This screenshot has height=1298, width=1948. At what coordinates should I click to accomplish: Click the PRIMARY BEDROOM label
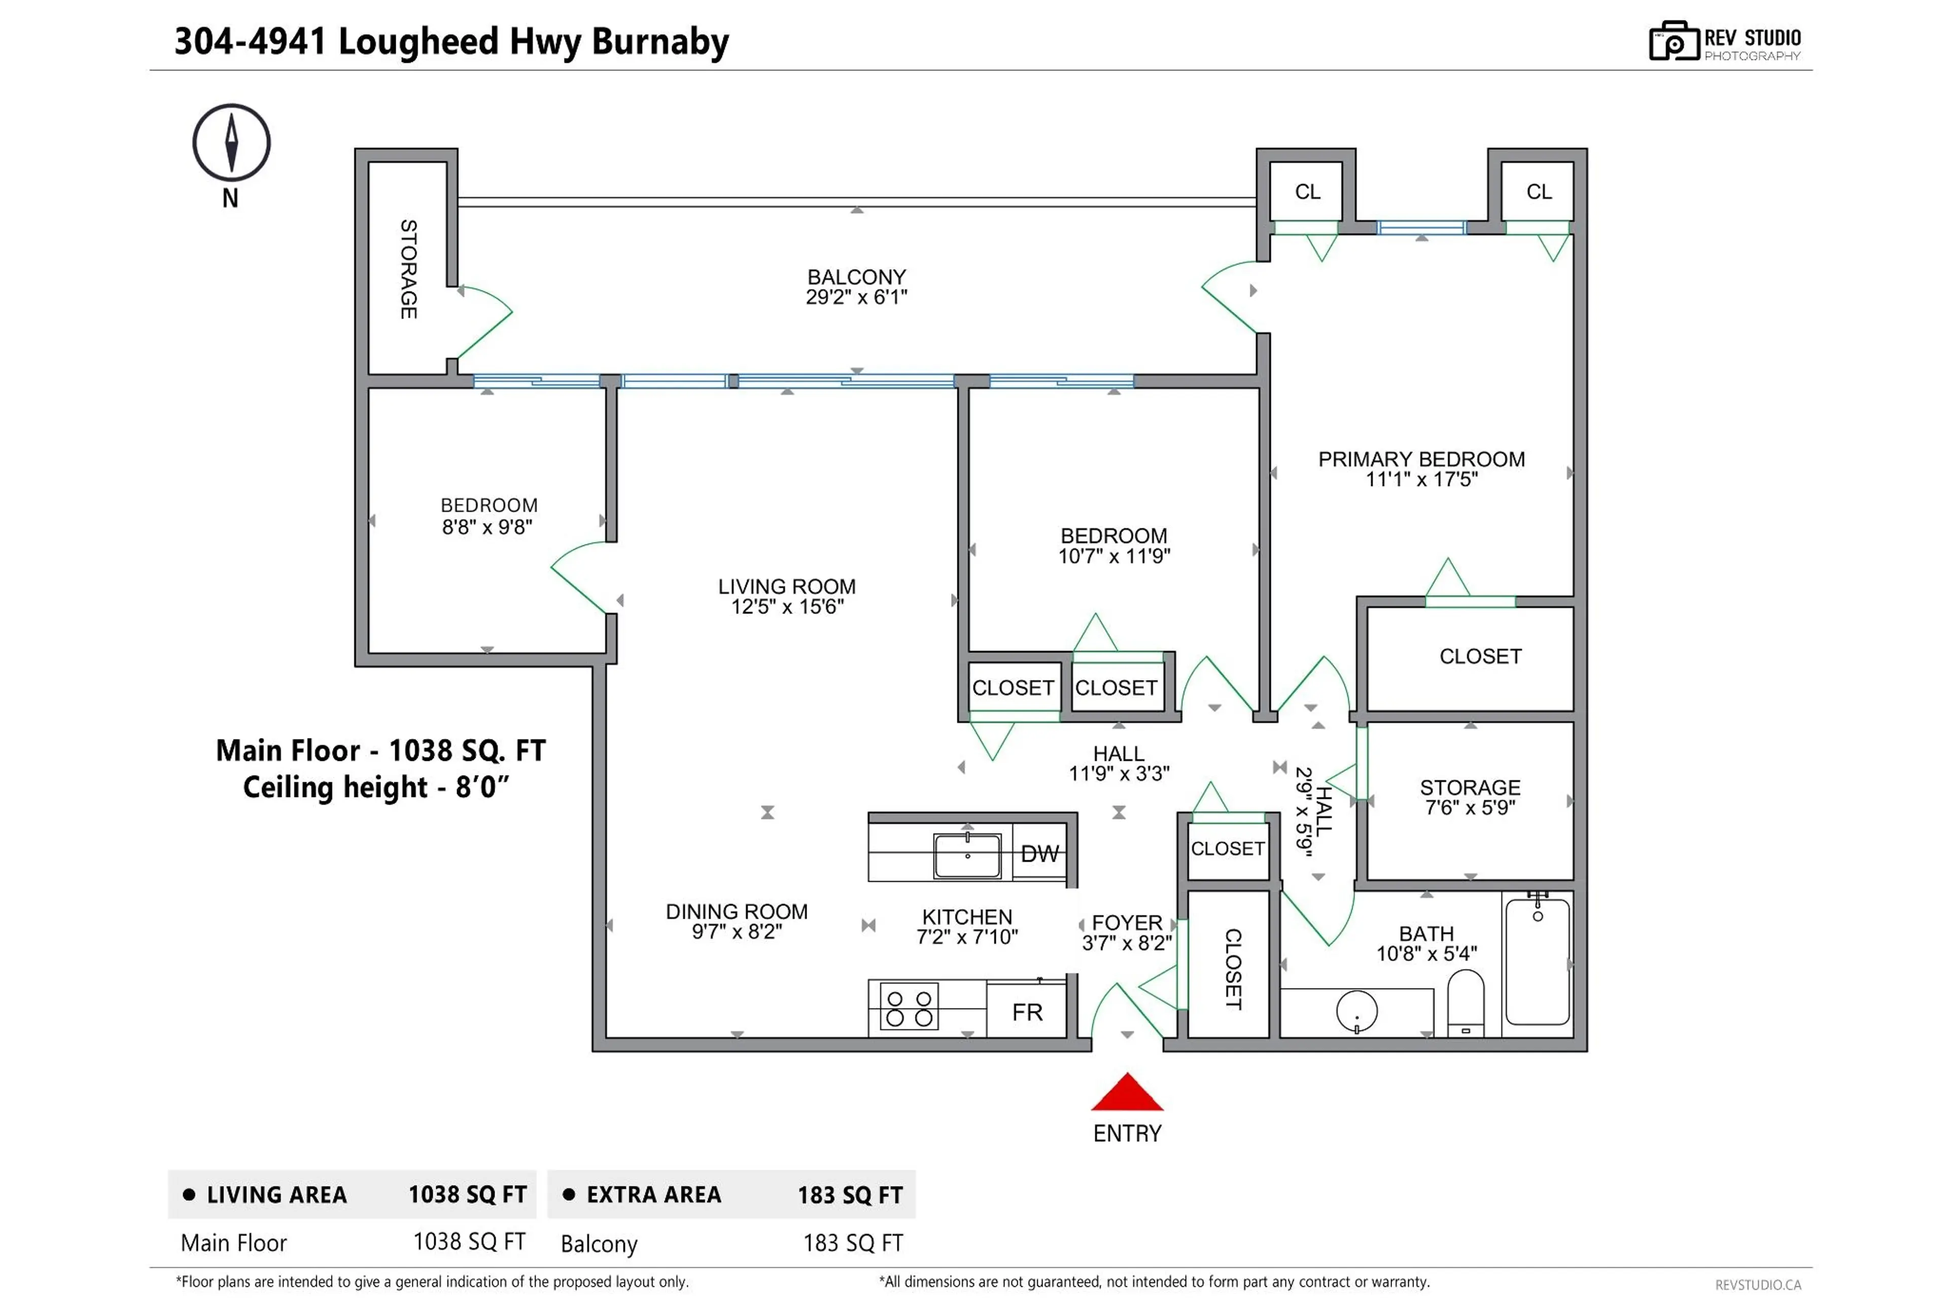pos(1420,460)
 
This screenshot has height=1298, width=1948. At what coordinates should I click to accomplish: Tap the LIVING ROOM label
pos(786,586)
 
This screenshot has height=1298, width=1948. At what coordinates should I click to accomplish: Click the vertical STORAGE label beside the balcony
pos(408,269)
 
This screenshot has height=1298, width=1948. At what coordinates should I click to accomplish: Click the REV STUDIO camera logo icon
pos(1673,42)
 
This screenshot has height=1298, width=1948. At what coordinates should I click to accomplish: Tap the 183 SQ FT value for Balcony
pos(853,1243)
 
